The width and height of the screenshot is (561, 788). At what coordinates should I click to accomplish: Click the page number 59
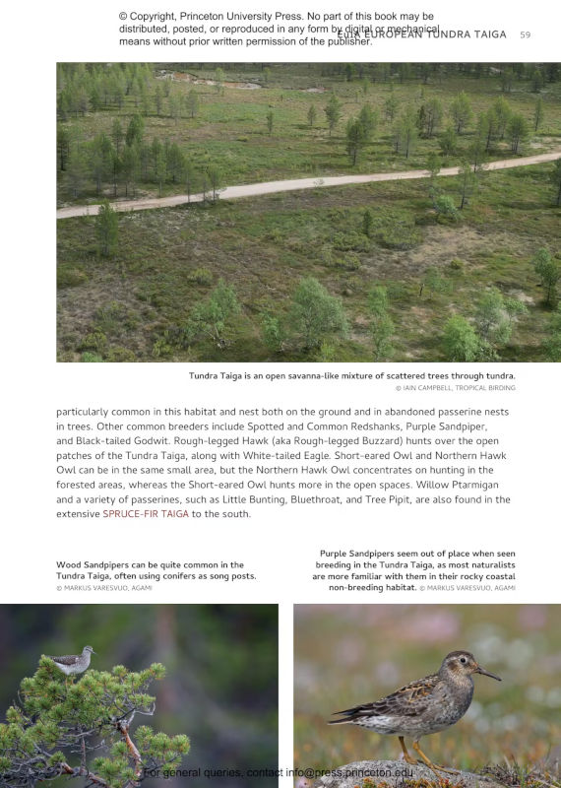tap(525, 34)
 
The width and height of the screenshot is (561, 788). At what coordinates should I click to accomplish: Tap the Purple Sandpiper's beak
tap(487, 674)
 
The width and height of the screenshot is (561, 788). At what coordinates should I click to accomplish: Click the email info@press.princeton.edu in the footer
tap(349, 773)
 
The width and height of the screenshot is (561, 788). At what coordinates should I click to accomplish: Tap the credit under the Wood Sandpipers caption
tap(104, 588)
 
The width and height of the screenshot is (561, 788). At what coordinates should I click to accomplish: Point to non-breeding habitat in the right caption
tap(371, 587)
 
